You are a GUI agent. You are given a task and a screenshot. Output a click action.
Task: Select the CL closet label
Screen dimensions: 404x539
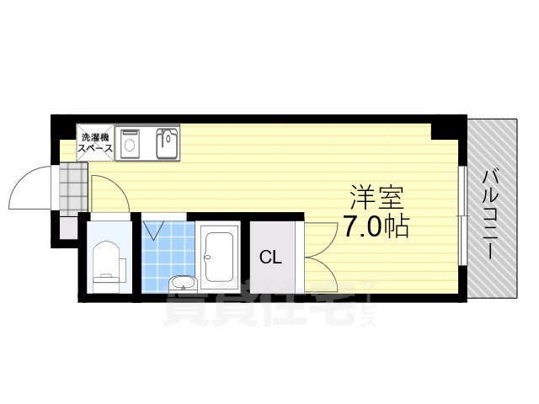coord(269,257)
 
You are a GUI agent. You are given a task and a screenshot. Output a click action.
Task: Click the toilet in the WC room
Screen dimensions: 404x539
coord(108,262)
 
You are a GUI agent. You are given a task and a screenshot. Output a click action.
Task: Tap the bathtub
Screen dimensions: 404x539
coord(221,256)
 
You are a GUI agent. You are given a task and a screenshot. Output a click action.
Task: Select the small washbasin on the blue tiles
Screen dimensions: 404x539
coord(179,283)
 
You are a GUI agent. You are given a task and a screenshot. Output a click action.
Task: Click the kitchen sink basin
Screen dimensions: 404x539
coord(167,143)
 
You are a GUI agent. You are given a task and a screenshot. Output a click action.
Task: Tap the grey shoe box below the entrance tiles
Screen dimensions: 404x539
coord(67,226)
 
